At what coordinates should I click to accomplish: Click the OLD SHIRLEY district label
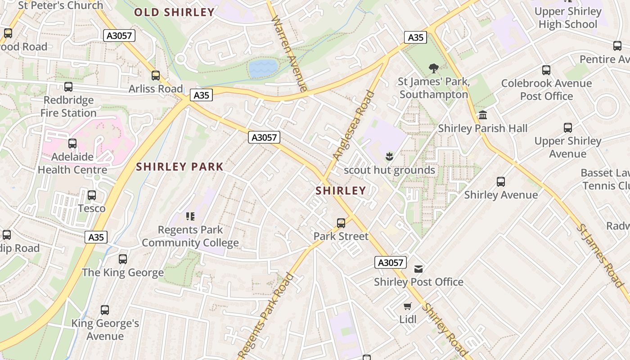174,12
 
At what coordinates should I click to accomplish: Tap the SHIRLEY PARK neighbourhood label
180,167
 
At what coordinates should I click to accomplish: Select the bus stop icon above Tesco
92,195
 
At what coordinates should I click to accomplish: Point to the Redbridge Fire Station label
68,106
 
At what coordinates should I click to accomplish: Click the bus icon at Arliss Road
156,76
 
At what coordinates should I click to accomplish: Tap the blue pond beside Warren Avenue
263,68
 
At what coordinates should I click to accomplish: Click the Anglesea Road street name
353,126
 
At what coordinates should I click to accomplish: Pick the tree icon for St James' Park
434,68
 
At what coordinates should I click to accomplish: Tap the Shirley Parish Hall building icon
483,115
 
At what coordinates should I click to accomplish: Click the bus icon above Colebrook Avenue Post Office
546,70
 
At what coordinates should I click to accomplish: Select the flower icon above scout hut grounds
390,157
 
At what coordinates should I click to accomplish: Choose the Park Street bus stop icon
341,223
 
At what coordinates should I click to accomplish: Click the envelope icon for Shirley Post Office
418,269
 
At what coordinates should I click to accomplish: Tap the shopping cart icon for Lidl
408,306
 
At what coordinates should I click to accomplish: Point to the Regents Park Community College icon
190,216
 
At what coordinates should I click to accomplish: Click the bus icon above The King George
123,259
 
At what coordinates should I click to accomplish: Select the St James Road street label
600,255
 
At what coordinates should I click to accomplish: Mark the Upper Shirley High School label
568,18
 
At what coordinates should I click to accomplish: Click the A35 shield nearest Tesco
96,237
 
